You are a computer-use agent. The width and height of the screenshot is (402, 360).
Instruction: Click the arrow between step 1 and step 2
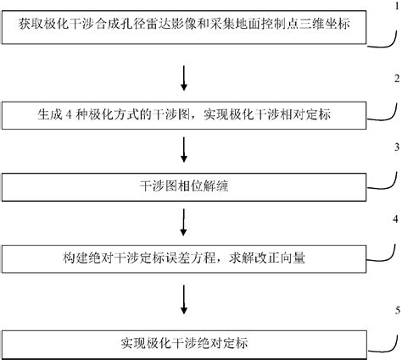coord(185,76)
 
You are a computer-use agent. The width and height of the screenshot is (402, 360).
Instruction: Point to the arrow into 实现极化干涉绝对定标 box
coord(185,302)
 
